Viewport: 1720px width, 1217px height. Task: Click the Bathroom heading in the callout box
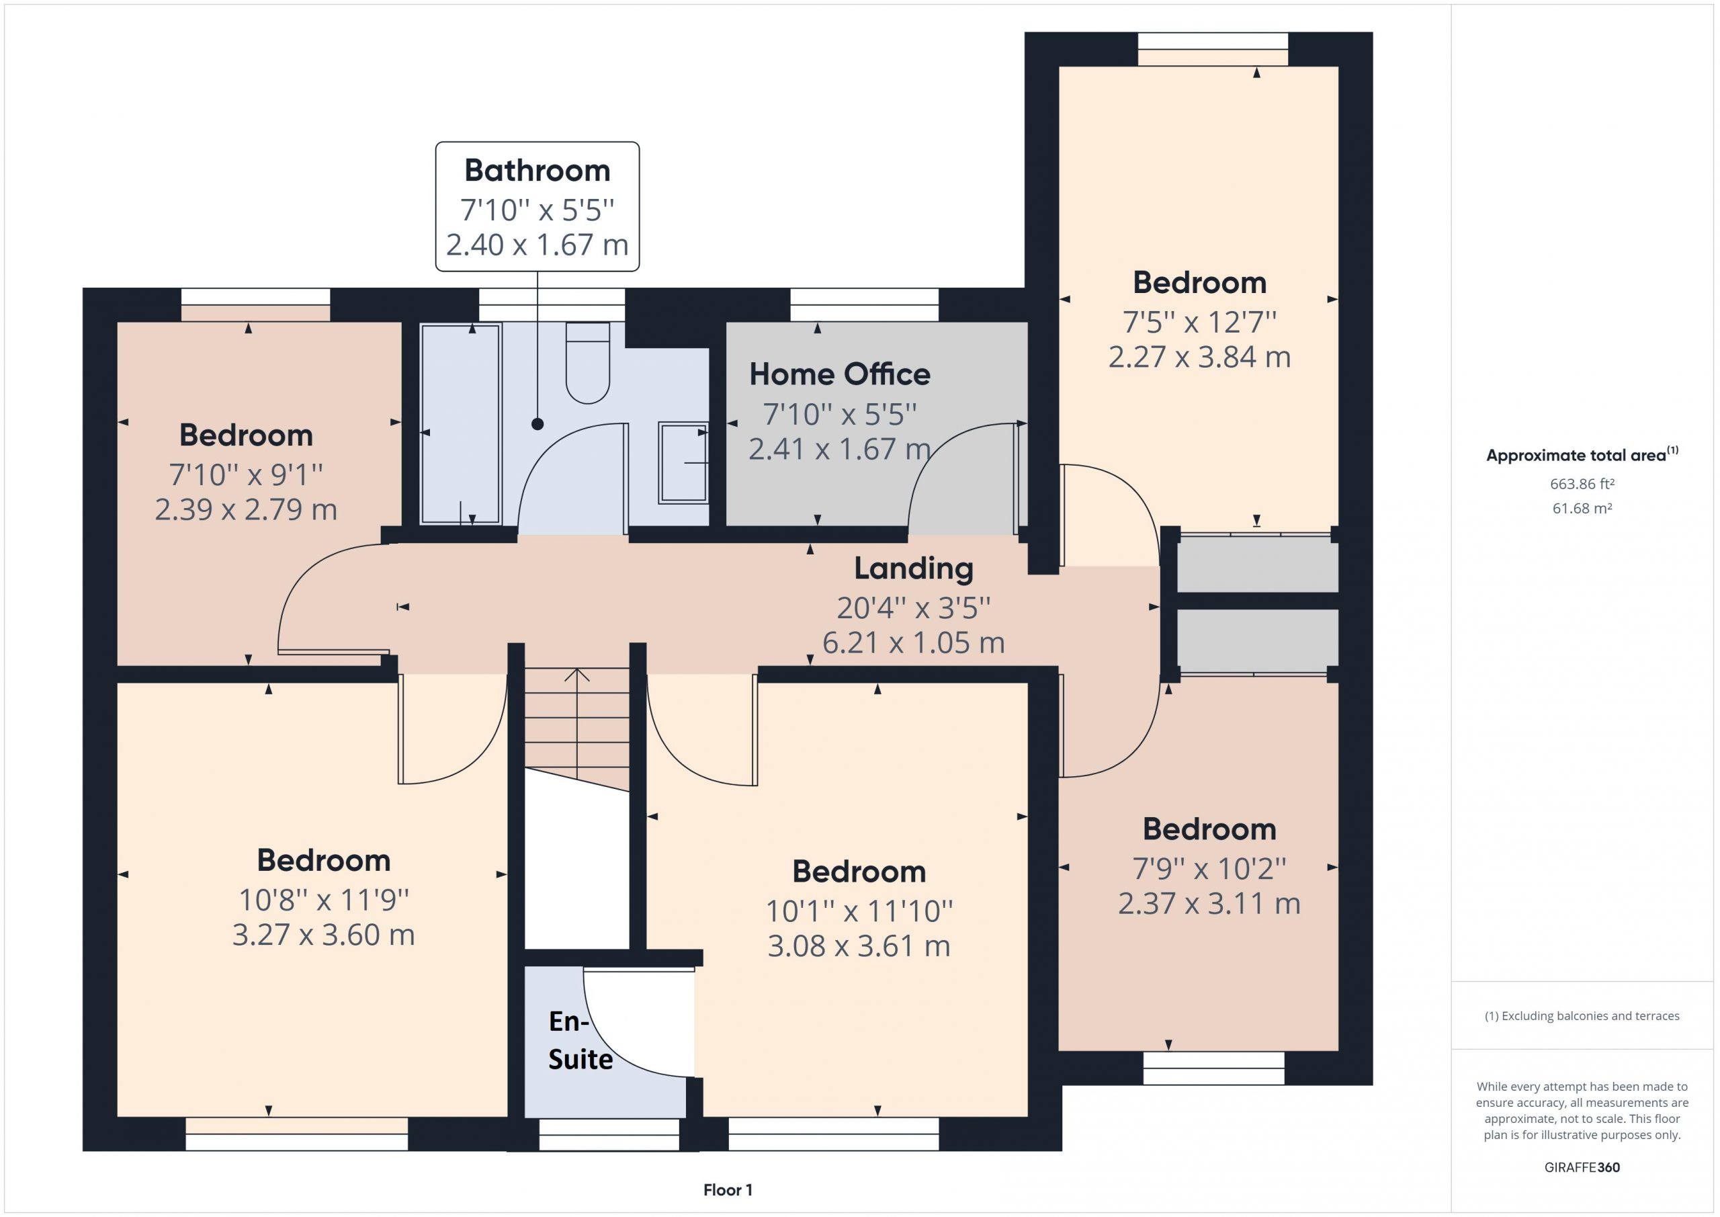(537, 171)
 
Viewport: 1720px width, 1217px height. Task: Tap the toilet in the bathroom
(587, 363)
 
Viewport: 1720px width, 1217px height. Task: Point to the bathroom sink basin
(683, 462)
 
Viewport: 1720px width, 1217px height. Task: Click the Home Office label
(840, 374)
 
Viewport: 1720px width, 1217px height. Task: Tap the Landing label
(914, 569)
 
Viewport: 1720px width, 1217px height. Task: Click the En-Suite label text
(580, 1040)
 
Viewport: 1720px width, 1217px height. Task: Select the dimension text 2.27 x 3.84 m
(1199, 357)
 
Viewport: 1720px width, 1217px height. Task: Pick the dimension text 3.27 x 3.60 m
(324, 935)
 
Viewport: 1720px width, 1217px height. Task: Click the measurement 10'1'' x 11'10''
(859, 911)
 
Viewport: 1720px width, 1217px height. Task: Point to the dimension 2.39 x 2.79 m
(246, 509)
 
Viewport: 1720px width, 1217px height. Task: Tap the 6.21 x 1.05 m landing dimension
(914, 642)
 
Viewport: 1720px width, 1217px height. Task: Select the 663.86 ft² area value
(1582, 484)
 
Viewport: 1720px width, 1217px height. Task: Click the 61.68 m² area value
(1582, 508)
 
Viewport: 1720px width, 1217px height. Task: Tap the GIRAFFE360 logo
(1582, 1167)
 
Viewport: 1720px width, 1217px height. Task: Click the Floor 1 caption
(728, 1189)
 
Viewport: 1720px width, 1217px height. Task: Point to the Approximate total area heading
(1582, 454)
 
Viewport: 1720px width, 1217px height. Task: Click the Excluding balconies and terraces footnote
(1582, 1015)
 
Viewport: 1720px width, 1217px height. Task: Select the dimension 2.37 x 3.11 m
(1209, 903)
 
